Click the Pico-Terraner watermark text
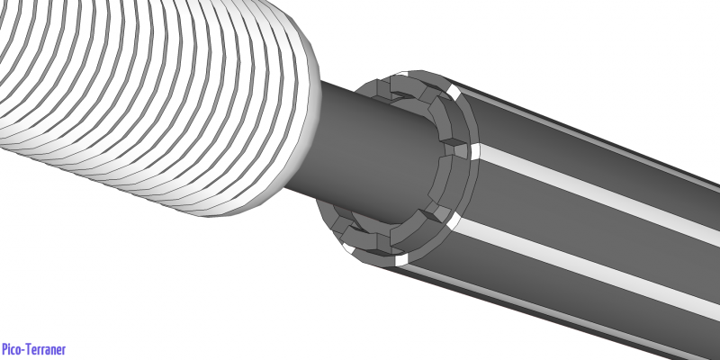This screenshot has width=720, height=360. click(33, 349)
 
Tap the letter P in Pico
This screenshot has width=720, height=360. click(5, 349)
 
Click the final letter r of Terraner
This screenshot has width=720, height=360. click(63, 350)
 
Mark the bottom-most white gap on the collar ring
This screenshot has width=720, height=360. click(400, 261)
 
